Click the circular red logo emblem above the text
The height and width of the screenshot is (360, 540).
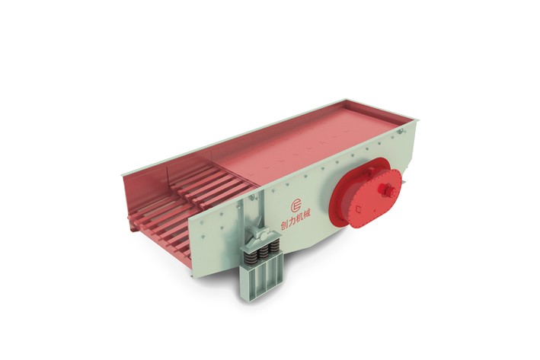click(296, 205)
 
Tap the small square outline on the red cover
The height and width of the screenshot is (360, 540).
click(359, 209)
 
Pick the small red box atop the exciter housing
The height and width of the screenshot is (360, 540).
click(372, 170)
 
